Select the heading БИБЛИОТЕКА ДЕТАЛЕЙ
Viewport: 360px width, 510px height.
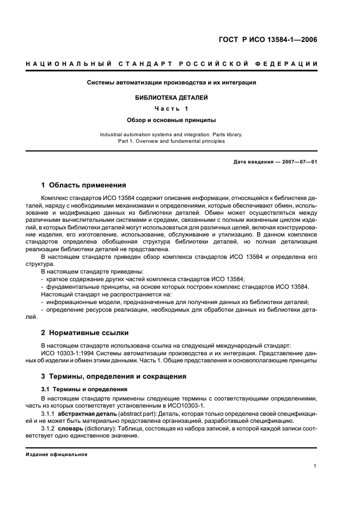pos(172,98)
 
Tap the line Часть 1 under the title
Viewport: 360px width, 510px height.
pos(172,108)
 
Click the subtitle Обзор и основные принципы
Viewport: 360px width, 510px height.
pos(172,119)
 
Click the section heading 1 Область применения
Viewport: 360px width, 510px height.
pos(84,185)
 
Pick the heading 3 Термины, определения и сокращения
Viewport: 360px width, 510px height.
pos(114,376)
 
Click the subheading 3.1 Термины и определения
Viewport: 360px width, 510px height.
pos(84,389)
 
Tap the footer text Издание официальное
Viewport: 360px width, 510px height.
pos(57,454)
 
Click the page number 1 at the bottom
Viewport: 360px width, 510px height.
pos(315,466)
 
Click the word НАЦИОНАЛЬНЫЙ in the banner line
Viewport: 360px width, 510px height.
pos(66,65)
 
